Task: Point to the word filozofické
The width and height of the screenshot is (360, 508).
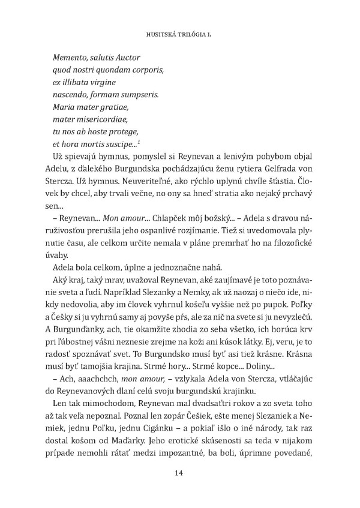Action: coord(291,244)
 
